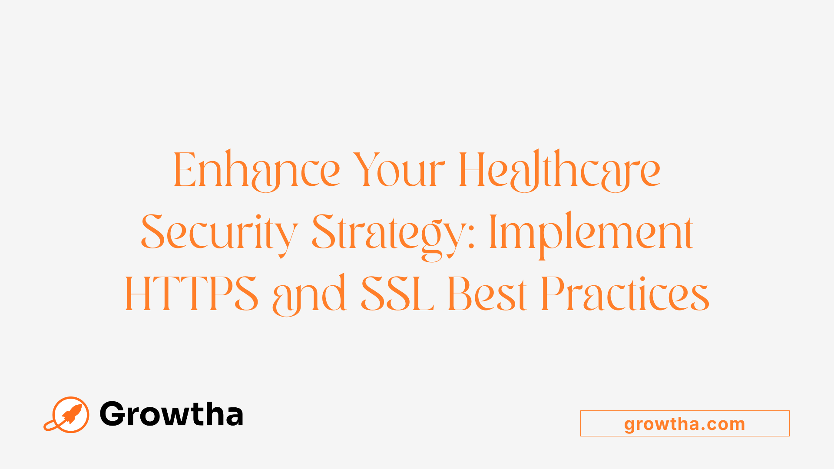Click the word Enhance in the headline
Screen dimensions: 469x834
click(256, 170)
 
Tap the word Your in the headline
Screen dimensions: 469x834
click(399, 170)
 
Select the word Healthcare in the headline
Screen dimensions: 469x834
click(559, 170)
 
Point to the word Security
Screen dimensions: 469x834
click(219, 233)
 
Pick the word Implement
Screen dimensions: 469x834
click(591, 233)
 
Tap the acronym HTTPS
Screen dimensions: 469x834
click(192, 294)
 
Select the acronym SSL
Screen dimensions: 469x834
click(397, 294)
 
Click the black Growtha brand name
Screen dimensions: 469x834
click(171, 414)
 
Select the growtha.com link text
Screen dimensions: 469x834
click(685, 424)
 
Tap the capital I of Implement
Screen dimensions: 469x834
click(493, 233)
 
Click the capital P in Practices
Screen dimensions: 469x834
click(556, 294)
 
